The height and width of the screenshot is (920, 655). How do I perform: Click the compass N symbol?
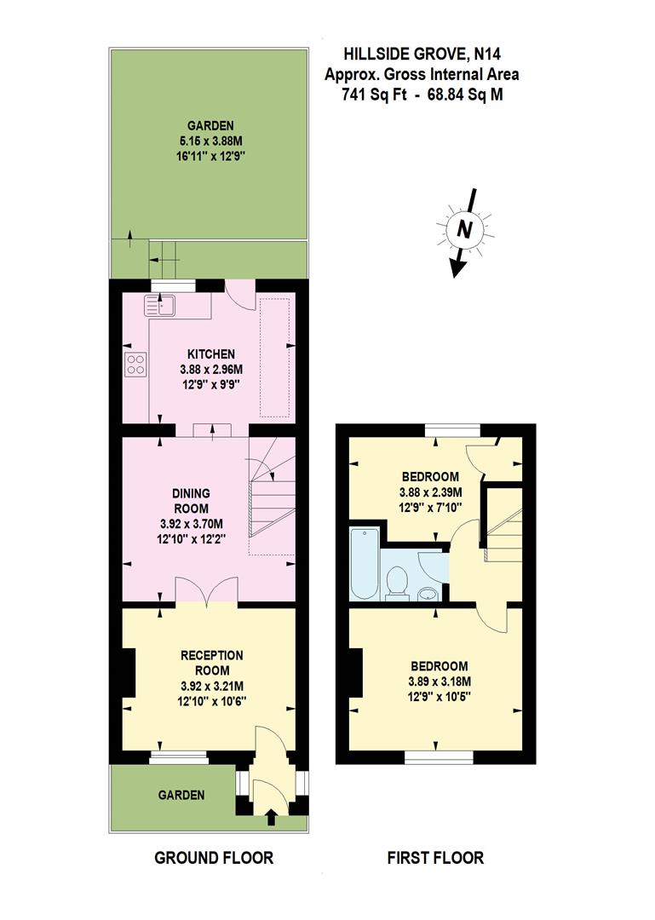pyautogui.click(x=465, y=228)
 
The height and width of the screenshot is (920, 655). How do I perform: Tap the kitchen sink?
pyautogui.click(x=159, y=303)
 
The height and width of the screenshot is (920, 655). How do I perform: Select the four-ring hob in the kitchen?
pyautogui.click(x=135, y=364)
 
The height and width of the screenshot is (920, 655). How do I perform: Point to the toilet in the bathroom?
pyautogui.click(x=397, y=584)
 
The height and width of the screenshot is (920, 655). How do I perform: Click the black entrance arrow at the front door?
pyautogui.click(x=271, y=819)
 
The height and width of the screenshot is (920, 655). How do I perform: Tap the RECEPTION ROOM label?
pyautogui.click(x=212, y=663)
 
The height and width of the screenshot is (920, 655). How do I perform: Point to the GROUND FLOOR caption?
pyautogui.click(x=214, y=858)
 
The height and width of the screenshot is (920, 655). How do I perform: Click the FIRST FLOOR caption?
pyautogui.click(x=435, y=858)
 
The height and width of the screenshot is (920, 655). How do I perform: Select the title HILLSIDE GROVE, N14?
pyautogui.click(x=422, y=55)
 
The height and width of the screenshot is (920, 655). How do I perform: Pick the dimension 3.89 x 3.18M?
pyautogui.click(x=435, y=681)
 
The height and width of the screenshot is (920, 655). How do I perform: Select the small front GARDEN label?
pyautogui.click(x=181, y=795)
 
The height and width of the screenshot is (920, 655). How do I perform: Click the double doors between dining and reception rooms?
pyautogui.click(x=208, y=590)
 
